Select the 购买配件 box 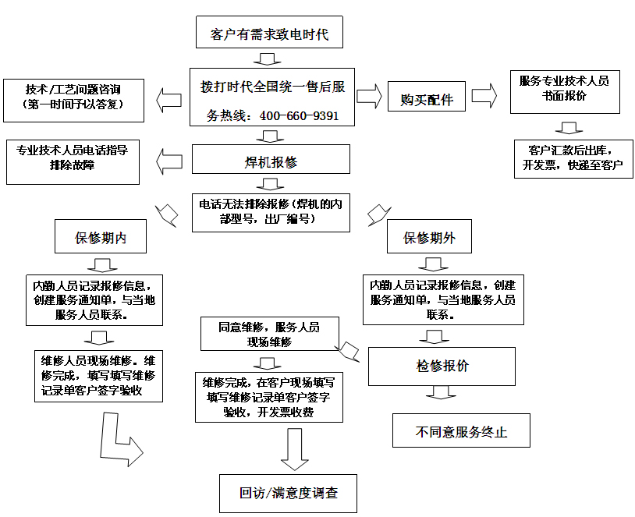click(427, 99)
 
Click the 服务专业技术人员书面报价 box click(564, 88)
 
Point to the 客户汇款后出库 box click(573, 158)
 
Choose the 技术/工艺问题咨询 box click(73, 99)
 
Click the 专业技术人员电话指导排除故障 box click(72, 162)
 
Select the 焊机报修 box click(271, 161)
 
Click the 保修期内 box click(101, 238)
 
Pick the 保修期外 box click(429, 238)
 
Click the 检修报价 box click(442, 366)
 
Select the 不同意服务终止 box click(461, 431)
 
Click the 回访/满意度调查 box click(288, 493)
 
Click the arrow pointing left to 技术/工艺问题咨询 click(169, 98)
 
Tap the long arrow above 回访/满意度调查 click(294, 448)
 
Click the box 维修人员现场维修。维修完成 click(99, 376)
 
